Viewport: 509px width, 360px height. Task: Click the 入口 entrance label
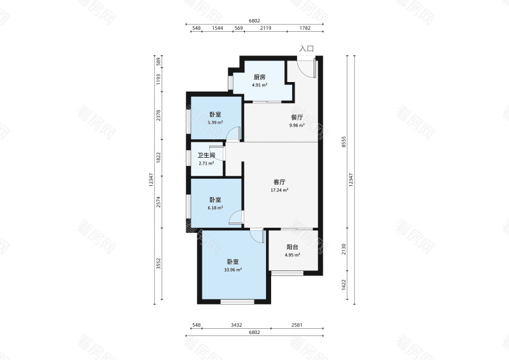point(307,49)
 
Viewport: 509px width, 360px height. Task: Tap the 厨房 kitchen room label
point(260,77)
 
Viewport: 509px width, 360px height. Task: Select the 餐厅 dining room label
point(297,118)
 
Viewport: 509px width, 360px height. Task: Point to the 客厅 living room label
point(279,182)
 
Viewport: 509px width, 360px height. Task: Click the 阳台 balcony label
point(293,247)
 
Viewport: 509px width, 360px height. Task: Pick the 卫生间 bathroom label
point(206,155)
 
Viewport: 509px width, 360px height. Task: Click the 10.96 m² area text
point(233,270)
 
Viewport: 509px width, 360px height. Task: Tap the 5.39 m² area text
point(216,122)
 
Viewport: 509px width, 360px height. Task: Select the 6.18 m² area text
point(216,208)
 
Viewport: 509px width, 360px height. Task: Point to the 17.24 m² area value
point(279,190)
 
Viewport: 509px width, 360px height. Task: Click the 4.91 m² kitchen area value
point(260,85)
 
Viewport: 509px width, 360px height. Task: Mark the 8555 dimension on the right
point(344,142)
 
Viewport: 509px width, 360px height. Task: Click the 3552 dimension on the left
point(158,263)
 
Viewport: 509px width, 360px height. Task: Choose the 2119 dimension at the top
point(265,28)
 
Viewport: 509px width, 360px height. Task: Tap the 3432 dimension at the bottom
point(236,325)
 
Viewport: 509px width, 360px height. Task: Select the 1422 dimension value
point(344,285)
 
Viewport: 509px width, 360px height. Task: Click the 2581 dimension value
point(296,325)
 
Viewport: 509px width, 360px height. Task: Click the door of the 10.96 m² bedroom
point(258,235)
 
